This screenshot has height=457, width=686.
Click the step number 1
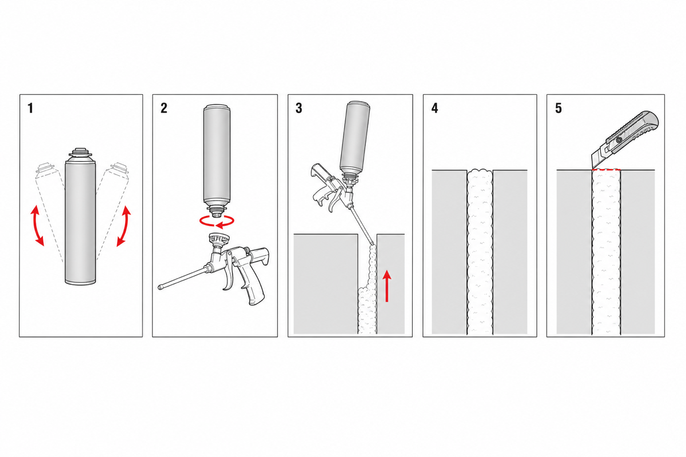click(30, 109)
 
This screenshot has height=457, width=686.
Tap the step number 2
click(164, 109)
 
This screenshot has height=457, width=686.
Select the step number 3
click(298, 109)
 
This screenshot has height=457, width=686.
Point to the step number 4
click(434, 109)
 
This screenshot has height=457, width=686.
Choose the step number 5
click(559, 109)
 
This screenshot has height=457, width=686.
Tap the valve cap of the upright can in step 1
click(81, 152)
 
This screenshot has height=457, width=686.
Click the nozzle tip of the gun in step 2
click(160, 288)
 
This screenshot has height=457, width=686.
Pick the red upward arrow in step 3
click(388, 286)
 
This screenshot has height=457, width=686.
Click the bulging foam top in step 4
click(480, 172)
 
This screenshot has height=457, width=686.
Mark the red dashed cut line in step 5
click(606, 170)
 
